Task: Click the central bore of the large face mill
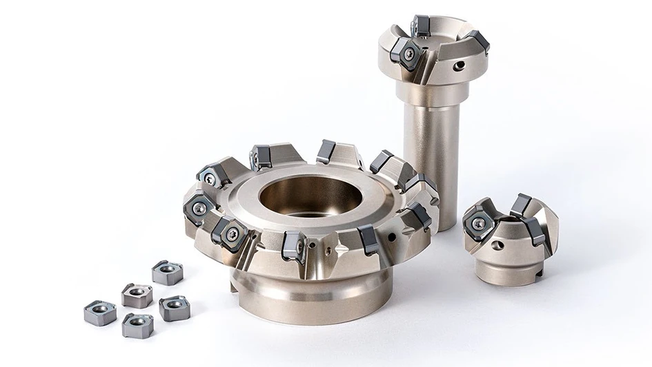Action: coord(310,195)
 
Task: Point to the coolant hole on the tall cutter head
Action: coord(458,66)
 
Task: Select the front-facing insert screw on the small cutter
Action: coord(478,224)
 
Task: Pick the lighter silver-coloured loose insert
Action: coord(137,294)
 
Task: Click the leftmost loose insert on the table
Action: coord(99,312)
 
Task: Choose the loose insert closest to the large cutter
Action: coord(167,273)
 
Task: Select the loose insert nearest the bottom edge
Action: coord(137,325)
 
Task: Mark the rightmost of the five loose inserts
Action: coord(175,308)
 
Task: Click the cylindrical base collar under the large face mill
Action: coord(310,293)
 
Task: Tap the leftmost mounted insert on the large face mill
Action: coord(198,208)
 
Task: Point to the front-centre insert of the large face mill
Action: coord(294,246)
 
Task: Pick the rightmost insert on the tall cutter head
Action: coord(478,41)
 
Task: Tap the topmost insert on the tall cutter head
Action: coord(420,25)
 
